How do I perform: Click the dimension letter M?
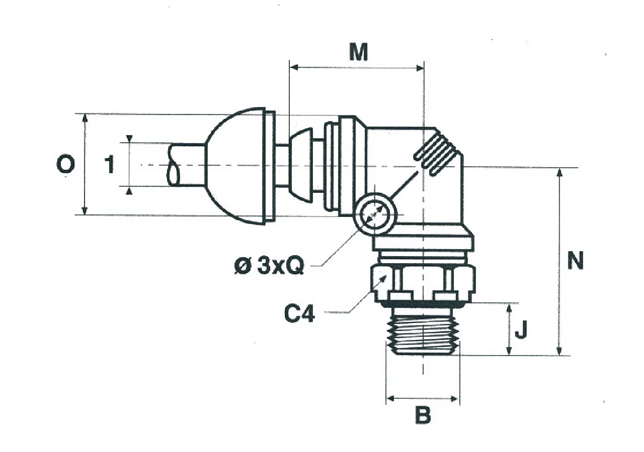359,52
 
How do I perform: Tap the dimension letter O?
65,164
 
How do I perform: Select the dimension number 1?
109,164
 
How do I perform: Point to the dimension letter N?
575,260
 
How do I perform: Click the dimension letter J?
521,330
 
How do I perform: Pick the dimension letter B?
423,415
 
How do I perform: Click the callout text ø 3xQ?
269,266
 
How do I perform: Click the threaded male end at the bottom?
423,332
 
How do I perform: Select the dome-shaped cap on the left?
240,166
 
